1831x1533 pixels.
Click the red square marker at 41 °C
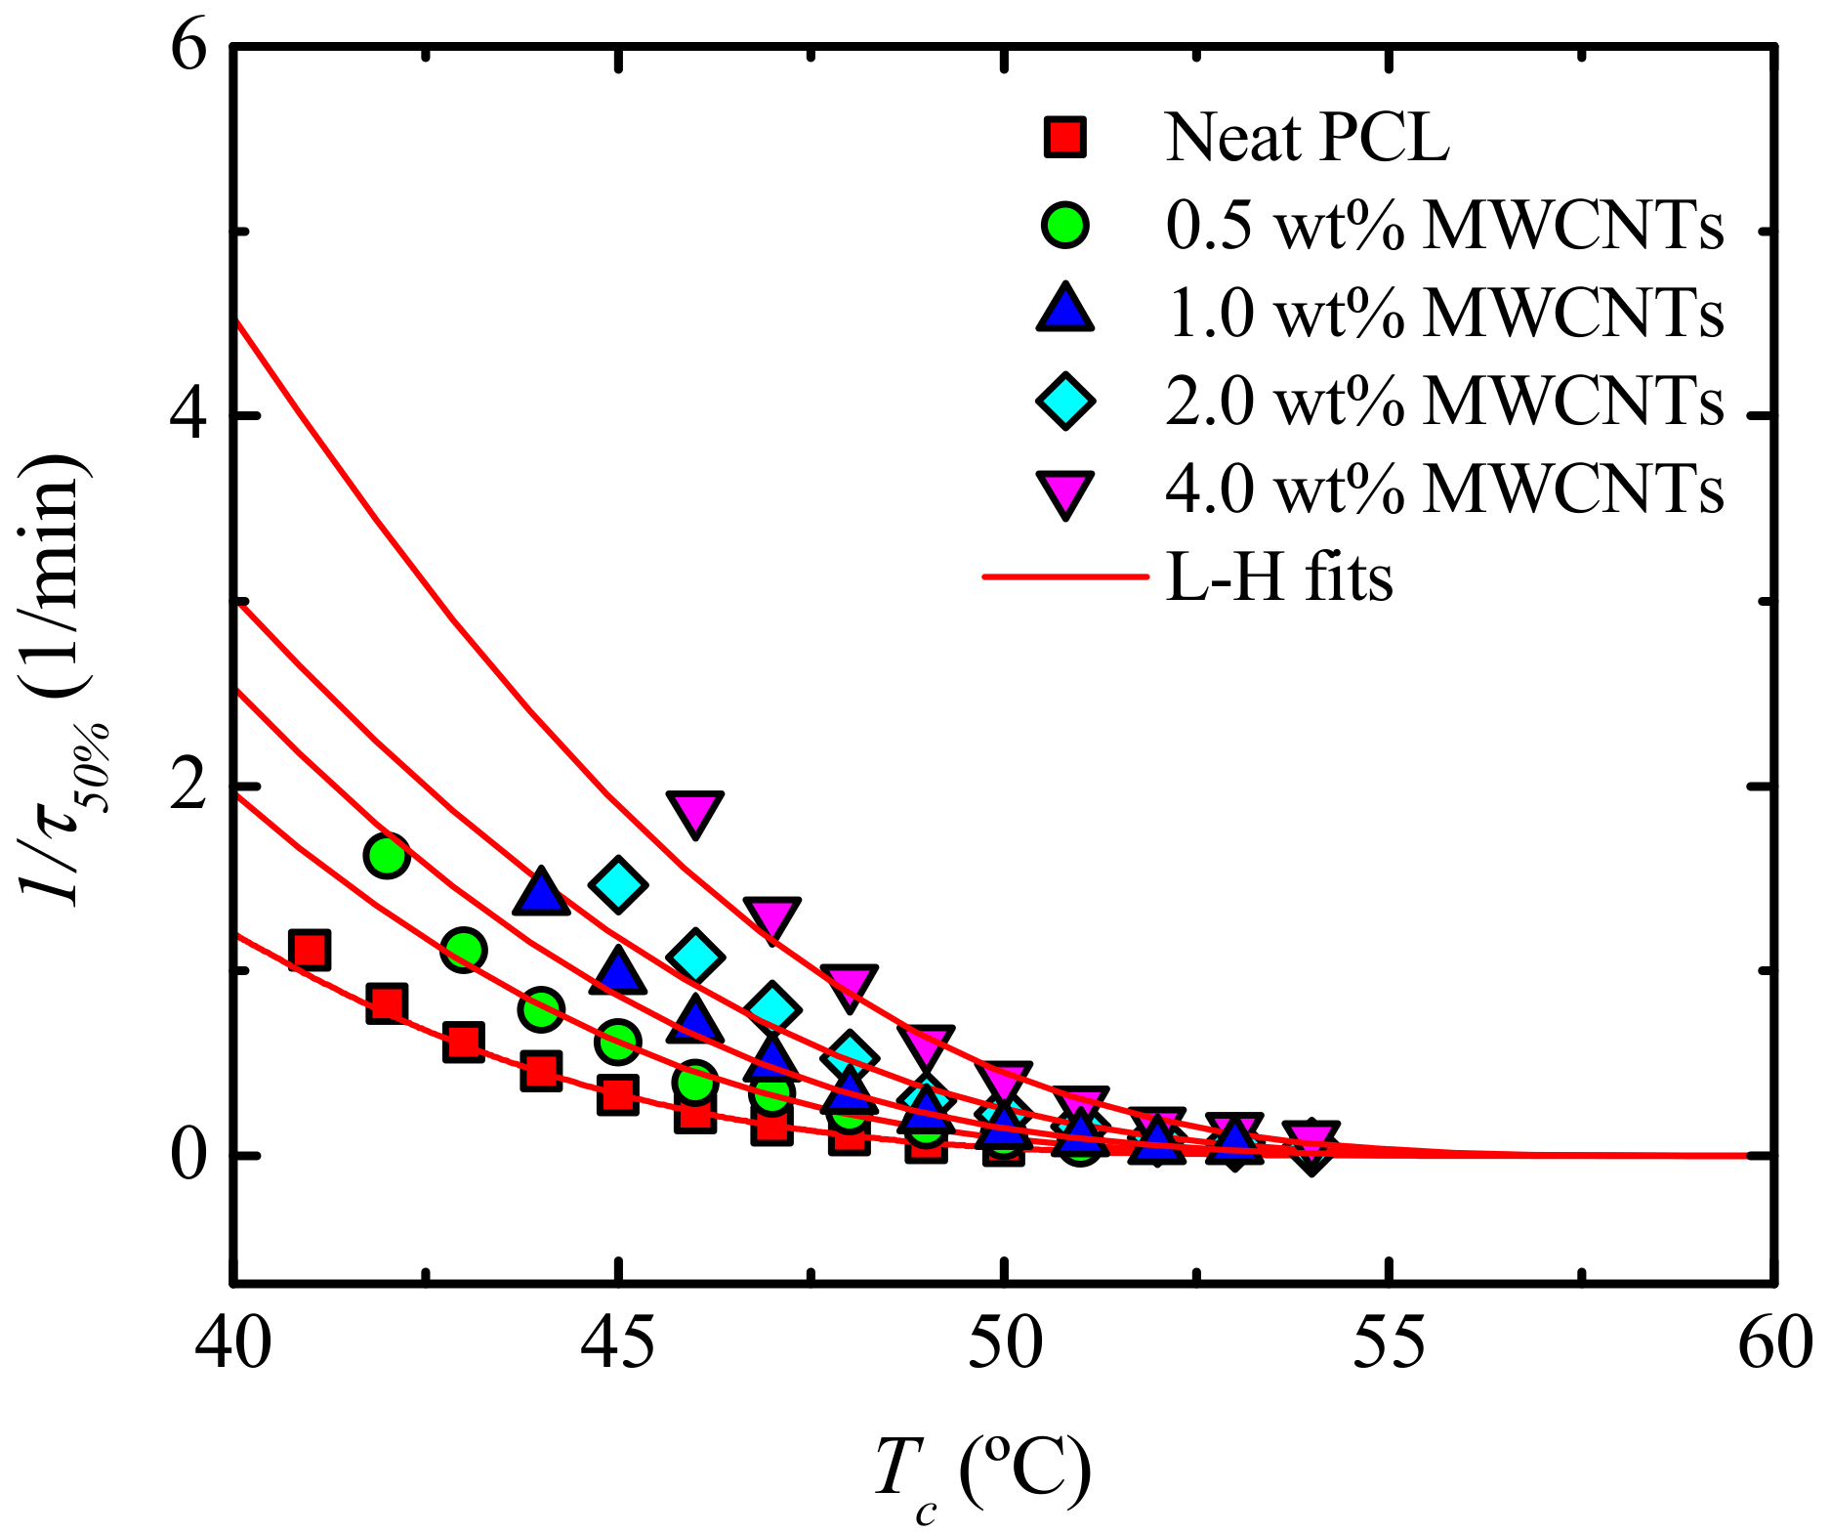pos(310,950)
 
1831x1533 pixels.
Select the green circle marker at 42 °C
pos(387,856)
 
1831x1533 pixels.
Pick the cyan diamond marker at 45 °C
pos(618,884)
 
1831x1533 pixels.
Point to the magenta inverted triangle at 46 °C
pos(694,811)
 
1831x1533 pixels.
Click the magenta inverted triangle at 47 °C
pos(771,918)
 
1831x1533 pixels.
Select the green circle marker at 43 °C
pos(464,949)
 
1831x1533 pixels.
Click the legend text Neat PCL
pos(1307,138)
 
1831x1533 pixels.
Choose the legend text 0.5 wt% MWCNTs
pos(1443,227)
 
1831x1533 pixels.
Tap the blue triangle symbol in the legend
pos(1065,310)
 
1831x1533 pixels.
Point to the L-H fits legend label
pos(1278,577)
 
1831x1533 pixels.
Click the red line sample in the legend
pos(1065,576)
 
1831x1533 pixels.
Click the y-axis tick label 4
pos(189,416)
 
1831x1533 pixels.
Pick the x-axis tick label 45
pos(617,1343)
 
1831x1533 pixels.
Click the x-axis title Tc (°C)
pos(980,1475)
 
